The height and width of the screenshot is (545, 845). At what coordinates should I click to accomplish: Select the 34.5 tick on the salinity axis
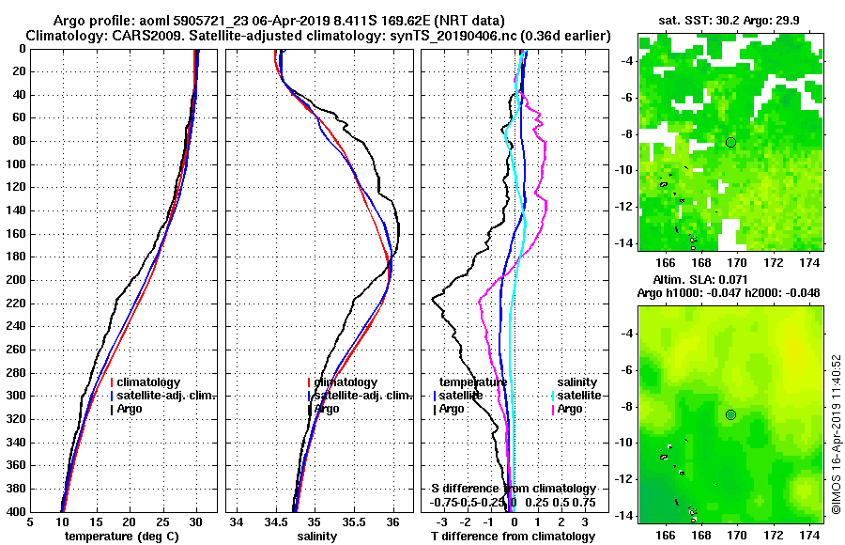pyautogui.click(x=276, y=522)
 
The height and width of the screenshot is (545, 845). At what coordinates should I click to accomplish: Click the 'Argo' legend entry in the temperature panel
pyautogui.click(x=131, y=409)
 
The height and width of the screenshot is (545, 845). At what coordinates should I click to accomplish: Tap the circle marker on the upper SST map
pyautogui.click(x=731, y=142)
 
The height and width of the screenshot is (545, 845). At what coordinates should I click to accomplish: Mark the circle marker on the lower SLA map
pyautogui.click(x=731, y=414)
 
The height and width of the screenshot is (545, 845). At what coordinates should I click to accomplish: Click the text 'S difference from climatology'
pyautogui.click(x=514, y=489)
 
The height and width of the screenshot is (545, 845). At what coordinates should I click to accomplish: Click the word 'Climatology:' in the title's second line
pyautogui.click(x=65, y=35)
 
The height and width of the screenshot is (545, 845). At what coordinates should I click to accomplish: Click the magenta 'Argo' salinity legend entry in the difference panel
pyautogui.click(x=571, y=409)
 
